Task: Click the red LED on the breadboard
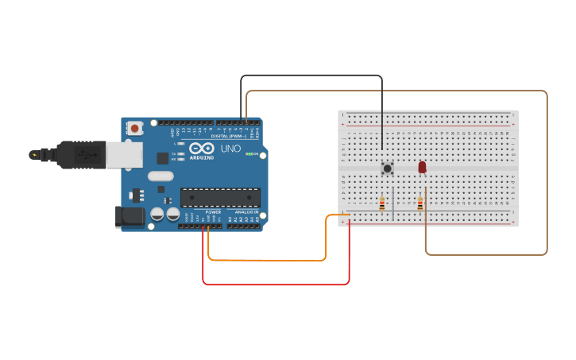pyautogui.click(x=422, y=167)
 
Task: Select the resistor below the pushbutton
pyautogui.click(x=382, y=204)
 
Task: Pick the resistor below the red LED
pyautogui.click(x=420, y=204)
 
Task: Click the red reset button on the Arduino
pyautogui.click(x=135, y=127)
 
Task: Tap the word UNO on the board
pyautogui.click(x=230, y=149)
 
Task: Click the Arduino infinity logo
pyautogui.click(x=203, y=149)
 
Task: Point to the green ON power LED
pyautogui.click(x=249, y=153)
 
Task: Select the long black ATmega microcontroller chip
pyautogui.click(x=220, y=197)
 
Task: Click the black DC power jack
pyautogui.click(x=130, y=216)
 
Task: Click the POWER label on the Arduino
pyautogui.click(x=213, y=212)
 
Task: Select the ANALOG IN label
pyautogui.click(x=245, y=212)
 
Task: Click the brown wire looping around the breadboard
pyautogui.click(x=547, y=175)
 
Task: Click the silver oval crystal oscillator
pyautogui.click(x=160, y=176)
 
